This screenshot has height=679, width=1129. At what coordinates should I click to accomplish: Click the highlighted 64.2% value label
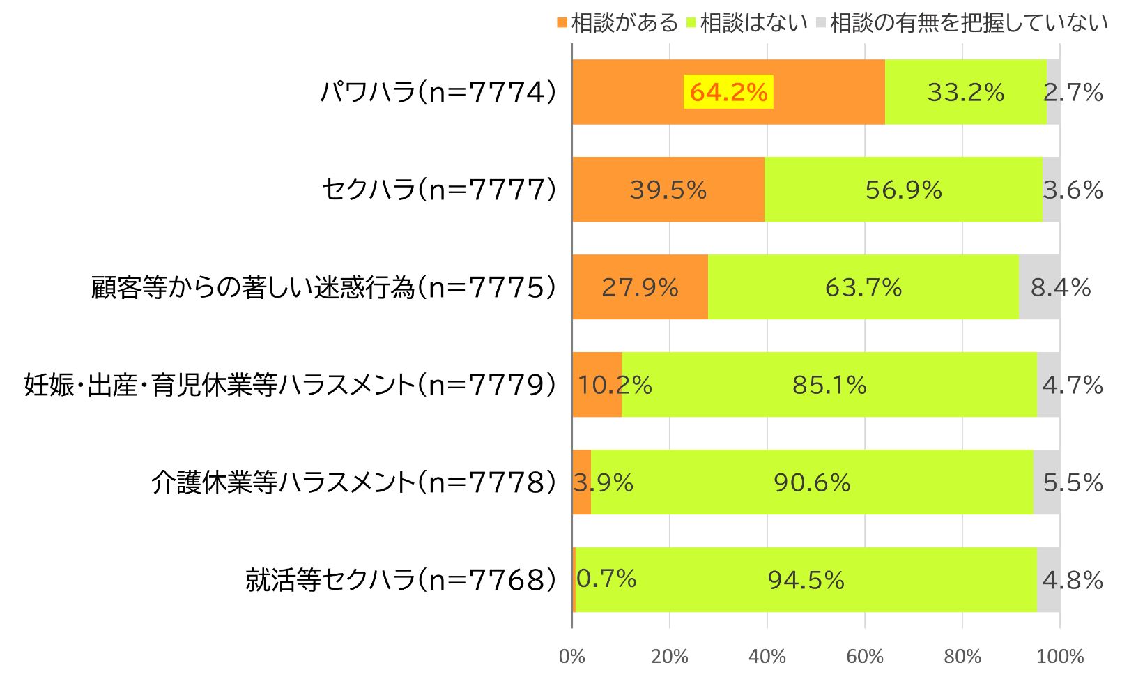tap(728, 92)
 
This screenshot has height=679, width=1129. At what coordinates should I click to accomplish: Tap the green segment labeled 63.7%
tap(863, 287)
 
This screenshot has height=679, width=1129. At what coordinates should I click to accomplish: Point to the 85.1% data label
tap(829, 385)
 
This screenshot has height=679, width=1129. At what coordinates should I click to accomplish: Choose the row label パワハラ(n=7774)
tap(438, 92)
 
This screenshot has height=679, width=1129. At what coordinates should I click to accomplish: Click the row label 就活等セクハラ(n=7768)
tap(401, 580)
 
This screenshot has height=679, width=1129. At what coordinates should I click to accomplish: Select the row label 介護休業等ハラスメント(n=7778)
tap(354, 482)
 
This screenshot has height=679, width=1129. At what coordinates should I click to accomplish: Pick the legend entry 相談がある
tap(617, 23)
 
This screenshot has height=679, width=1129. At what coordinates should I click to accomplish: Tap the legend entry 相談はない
tap(747, 23)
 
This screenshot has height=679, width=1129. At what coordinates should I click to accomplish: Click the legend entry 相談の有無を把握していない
tap(962, 23)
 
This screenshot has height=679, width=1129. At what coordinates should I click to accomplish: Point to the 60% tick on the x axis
tap(865, 656)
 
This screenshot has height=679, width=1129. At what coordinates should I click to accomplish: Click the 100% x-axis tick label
tap(1060, 656)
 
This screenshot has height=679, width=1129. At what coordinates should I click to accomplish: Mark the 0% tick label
tap(572, 656)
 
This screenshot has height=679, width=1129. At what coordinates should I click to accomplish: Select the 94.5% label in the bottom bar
tap(806, 580)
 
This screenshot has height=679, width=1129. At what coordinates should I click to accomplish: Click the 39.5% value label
tap(668, 190)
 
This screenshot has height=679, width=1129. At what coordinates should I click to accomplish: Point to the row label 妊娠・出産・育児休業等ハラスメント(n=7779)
tap(291, 385)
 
